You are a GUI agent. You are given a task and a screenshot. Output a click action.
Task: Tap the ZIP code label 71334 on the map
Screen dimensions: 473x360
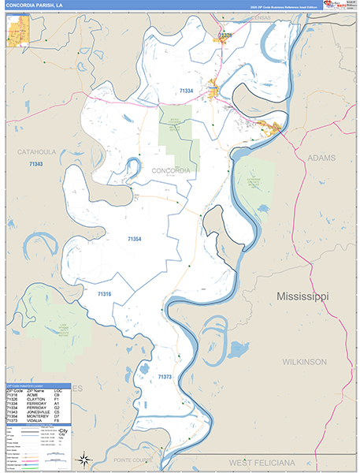pyautogui.click(x=186, y=91)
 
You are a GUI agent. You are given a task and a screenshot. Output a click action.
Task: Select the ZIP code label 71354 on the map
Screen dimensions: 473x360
pyautogui.click(x=135, y=237)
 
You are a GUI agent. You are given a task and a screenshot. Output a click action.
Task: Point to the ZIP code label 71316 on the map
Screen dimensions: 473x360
pyautogui.click(x=104, y=294)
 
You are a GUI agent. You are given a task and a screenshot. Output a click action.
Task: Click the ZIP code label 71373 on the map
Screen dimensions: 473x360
pyautogui.click(x=164, y=378)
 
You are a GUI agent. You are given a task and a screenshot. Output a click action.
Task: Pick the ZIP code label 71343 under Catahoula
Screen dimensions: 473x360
pyautogui.click(x=35, y=164)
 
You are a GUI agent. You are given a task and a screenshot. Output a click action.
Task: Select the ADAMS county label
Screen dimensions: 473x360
pyautogui.click(x=321, y=158)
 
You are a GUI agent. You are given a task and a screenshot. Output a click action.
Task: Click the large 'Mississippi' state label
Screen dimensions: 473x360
pyautogui.click(x=302, y=296)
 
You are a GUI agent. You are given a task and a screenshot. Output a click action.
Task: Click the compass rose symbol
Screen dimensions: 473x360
pyautogui.click(x=83, y=459)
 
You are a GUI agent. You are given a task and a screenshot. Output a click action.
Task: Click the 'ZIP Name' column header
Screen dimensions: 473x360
pyautogui.click(x=36, y=390)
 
